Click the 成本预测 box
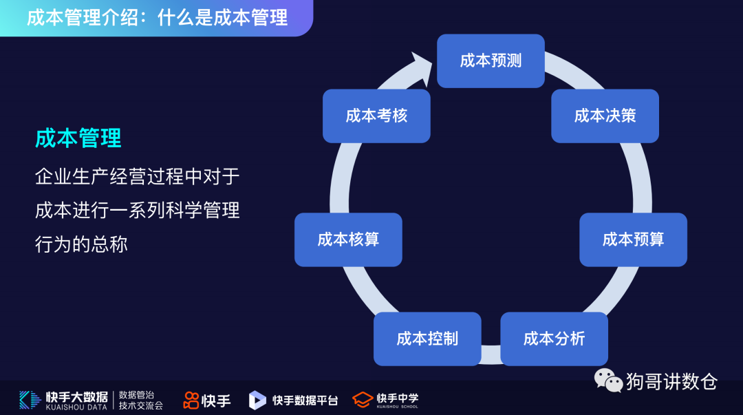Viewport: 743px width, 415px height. click(491, 61)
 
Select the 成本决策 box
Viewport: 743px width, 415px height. click(605, 116)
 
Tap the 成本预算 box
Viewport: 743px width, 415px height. click(633, 240)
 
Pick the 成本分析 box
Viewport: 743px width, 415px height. click(554, 339)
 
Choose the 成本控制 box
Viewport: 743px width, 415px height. click(427, 339)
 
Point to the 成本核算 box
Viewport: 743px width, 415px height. click(348, 240)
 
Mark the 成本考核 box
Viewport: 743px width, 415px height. click(376, 116)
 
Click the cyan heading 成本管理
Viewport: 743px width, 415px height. click(78, 138)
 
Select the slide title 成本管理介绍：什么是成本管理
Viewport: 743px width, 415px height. click(157, 17)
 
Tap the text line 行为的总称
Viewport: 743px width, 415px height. click(81, 244)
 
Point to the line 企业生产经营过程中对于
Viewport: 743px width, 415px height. click(137, 176)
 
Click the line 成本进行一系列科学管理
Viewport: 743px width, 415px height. click(137, 210)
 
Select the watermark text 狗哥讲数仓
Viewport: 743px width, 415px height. click(671, 381)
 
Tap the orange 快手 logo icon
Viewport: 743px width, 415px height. click(191, 400)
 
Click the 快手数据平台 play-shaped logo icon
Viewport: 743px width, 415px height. click(257, 400)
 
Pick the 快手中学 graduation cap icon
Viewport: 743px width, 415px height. click(363, 399)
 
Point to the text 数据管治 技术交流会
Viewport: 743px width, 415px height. click(141, 400)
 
